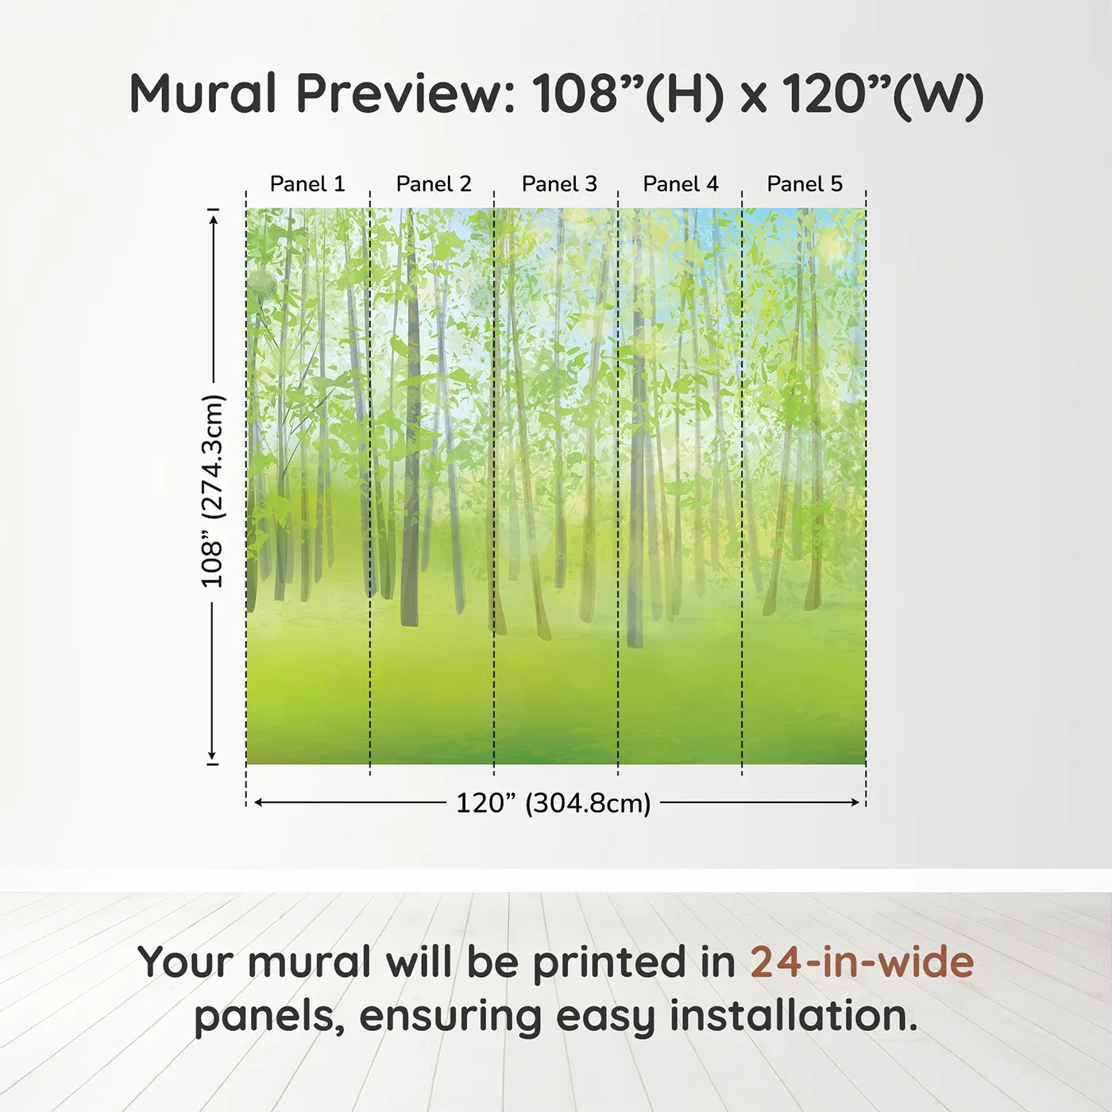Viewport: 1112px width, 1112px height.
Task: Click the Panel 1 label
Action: pyautogui.click(x=307, y=184)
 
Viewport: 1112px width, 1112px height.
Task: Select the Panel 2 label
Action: pyautogui.click(x=434, y=184)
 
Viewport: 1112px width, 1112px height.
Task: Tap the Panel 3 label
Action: pyautogui.click(x=559, y=184)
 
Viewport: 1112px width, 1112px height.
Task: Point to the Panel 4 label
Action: pyautogui.click(x=681, y=184)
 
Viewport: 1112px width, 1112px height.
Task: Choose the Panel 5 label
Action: pyautogui.click(x=805, y=184)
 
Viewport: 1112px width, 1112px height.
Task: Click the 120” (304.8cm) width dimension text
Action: pyautogui.click(x=554, y=803)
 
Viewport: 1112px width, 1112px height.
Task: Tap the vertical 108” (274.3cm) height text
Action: pyautogui.click(x=212, y=491)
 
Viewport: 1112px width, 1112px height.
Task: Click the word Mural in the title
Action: pyautogui.click(x=203, y=94)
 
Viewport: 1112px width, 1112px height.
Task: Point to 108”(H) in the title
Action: pyautogui.click(x=627, y=96)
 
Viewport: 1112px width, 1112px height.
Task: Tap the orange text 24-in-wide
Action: pyautogui.click(x=862, y=962)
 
